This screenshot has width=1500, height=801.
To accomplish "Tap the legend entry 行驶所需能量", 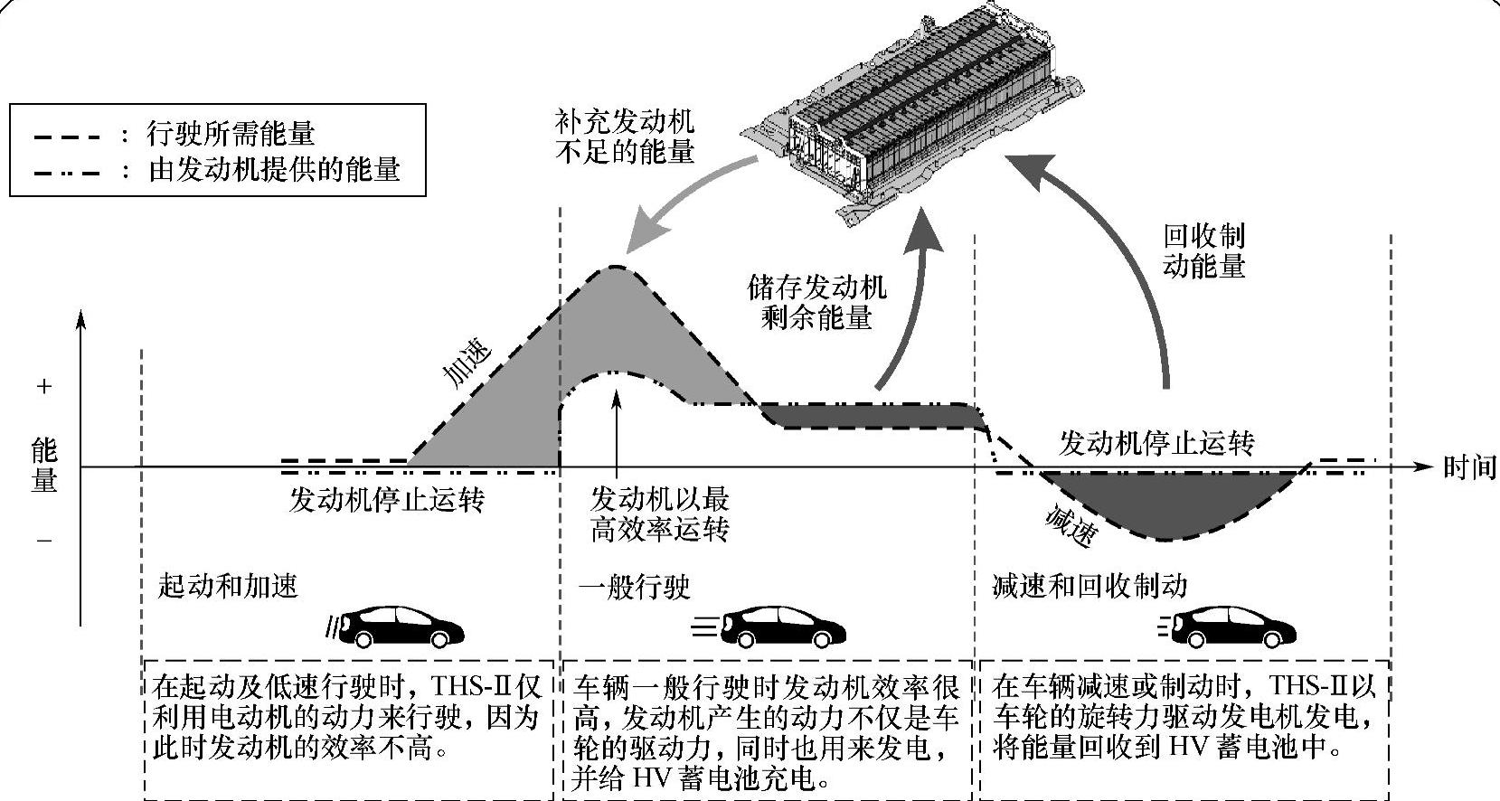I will coord(231,135).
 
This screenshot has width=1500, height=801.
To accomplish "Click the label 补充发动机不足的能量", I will coord(624,136).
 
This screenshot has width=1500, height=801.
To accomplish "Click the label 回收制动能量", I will coord(1203,250).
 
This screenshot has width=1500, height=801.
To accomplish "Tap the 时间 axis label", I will coord(1469,467).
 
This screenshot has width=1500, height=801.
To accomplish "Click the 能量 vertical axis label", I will coord(43,466).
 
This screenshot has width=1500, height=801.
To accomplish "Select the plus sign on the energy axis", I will coord(43,387).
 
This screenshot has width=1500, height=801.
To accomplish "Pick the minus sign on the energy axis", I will coord(43,541).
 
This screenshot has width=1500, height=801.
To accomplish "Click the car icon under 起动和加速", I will coord(398,624).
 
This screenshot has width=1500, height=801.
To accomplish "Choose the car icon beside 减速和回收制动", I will coord(1234,625).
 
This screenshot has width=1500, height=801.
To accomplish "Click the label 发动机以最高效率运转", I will coord(659,514).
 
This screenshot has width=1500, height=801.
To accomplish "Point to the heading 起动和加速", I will coord(227,586).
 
